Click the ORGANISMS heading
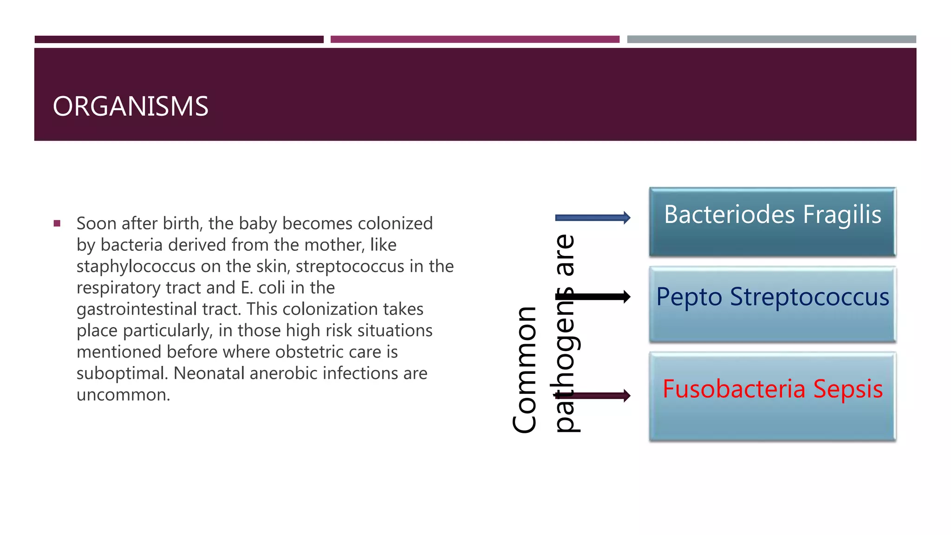pos(130,106)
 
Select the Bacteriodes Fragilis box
pos(772,222)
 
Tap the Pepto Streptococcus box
pos(772,304)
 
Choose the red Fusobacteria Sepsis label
pos(772,389)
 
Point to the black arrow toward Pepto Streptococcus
pos(599,296)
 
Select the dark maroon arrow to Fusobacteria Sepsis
pos(599,396)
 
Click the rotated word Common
pos(525,370)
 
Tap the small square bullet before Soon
pos(57,223)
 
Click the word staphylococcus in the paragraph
pos(136,267)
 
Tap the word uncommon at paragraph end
pos(123,395)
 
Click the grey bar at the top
pos(771,39)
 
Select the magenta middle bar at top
pos(475,39)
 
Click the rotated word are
pos(565,255)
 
